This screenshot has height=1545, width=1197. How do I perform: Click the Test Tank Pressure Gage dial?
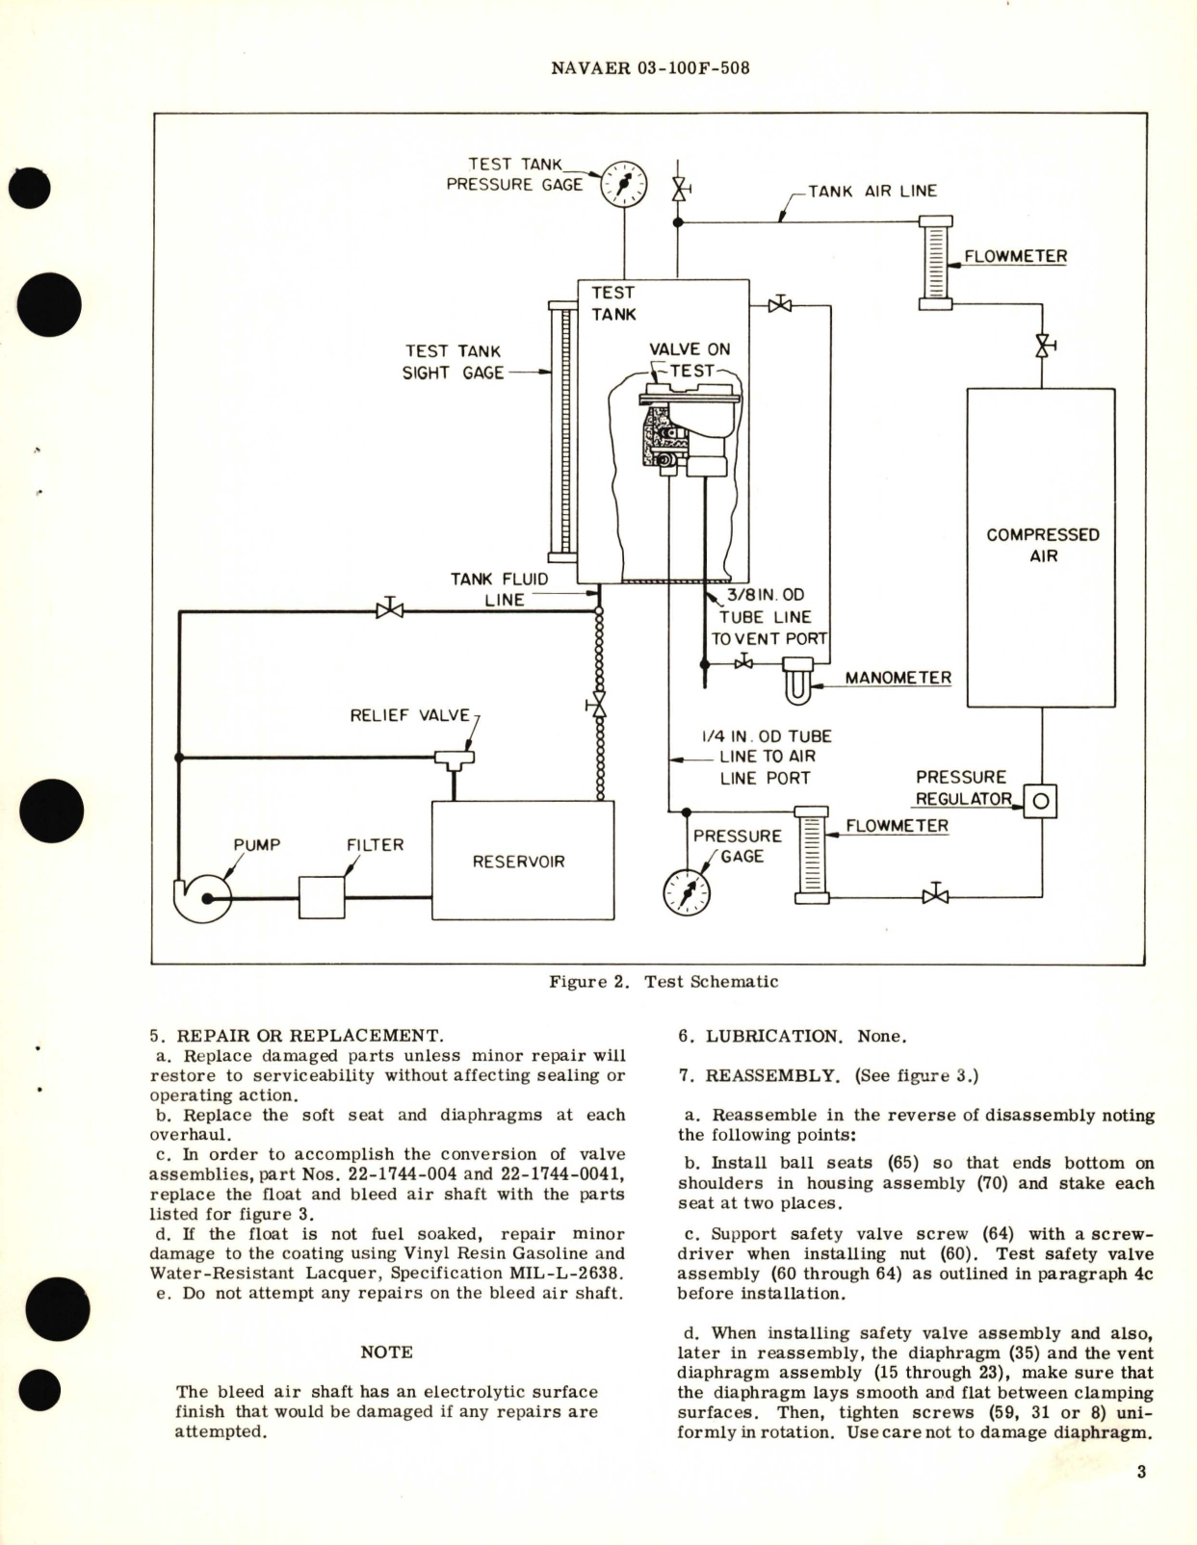click(624, 185)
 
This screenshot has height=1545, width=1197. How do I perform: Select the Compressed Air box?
click(1041, 547)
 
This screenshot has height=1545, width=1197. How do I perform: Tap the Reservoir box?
click(523, 860)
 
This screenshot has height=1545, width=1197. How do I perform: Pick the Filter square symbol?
click(322, 897)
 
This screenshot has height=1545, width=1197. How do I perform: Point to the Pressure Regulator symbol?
click(1040, 800)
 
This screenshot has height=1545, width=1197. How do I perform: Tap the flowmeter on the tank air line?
click(935, 263)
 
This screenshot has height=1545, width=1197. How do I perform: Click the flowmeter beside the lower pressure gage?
click(811, 855)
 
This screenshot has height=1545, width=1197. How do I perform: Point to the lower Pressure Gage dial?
click(688, 893)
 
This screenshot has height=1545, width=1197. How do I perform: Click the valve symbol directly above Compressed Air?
click(1042, 345)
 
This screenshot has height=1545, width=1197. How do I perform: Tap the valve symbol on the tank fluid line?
click(389, 609)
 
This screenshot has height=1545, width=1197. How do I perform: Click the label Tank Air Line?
click(872, 191)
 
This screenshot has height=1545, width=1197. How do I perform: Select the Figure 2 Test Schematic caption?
click(663, 982)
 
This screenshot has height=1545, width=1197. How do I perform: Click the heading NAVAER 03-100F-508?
click(651, 68)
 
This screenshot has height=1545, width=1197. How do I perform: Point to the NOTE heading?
click(386, 1352)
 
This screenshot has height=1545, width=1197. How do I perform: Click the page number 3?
click(1141, 1471)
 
